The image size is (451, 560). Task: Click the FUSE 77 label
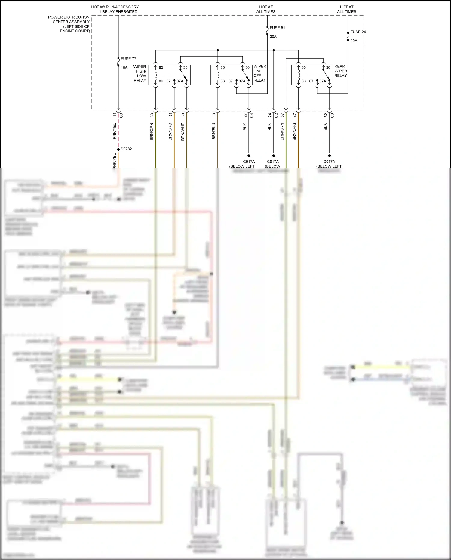click(x=128, y=59)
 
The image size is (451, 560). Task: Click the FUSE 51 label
click(x=277, y=28)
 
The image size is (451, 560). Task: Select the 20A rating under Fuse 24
click(x=354, y=41)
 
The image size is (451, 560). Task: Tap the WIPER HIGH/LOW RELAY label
click(x=140, y=73)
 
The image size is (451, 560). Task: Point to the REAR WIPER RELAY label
click(x=341, y=71)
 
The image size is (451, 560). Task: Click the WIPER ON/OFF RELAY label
click(x=260, y=73)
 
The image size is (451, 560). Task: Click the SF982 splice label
click(x=126, y=149)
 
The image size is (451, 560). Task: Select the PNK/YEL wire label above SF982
click(x=115, y=131)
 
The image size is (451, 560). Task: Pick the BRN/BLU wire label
click(x=214, y=131)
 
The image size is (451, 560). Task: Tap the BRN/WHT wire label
click(x=183, y=132)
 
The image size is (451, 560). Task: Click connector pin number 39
click(x=152, y=115)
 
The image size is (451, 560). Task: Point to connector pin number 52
click(x=326, y=115)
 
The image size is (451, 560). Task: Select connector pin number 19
click(x=214, y=115)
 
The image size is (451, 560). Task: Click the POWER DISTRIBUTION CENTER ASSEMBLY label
click(x=69, y=24)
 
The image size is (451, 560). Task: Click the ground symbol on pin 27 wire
click(x=249, y=156)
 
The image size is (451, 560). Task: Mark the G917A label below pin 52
click(x=329, y=162)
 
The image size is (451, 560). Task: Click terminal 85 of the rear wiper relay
click(x=304, y=67)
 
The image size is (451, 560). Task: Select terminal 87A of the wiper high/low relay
click(x=180, y=81)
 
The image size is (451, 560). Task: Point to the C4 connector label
click(x=252, y=115)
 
